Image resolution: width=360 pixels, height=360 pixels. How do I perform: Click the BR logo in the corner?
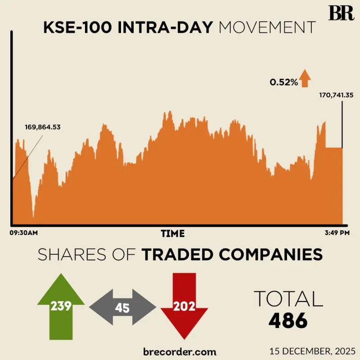[341, 13]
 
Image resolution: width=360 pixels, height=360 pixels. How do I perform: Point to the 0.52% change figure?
[283, 82]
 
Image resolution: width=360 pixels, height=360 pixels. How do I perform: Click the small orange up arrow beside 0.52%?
[306, 78]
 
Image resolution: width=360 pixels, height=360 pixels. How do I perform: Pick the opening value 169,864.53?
[42, 127]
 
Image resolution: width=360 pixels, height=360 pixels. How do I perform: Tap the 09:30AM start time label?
[23, 233]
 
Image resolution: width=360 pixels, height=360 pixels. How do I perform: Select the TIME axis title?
[173, 234]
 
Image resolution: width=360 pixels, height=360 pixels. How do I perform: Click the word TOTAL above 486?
[288, 299]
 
